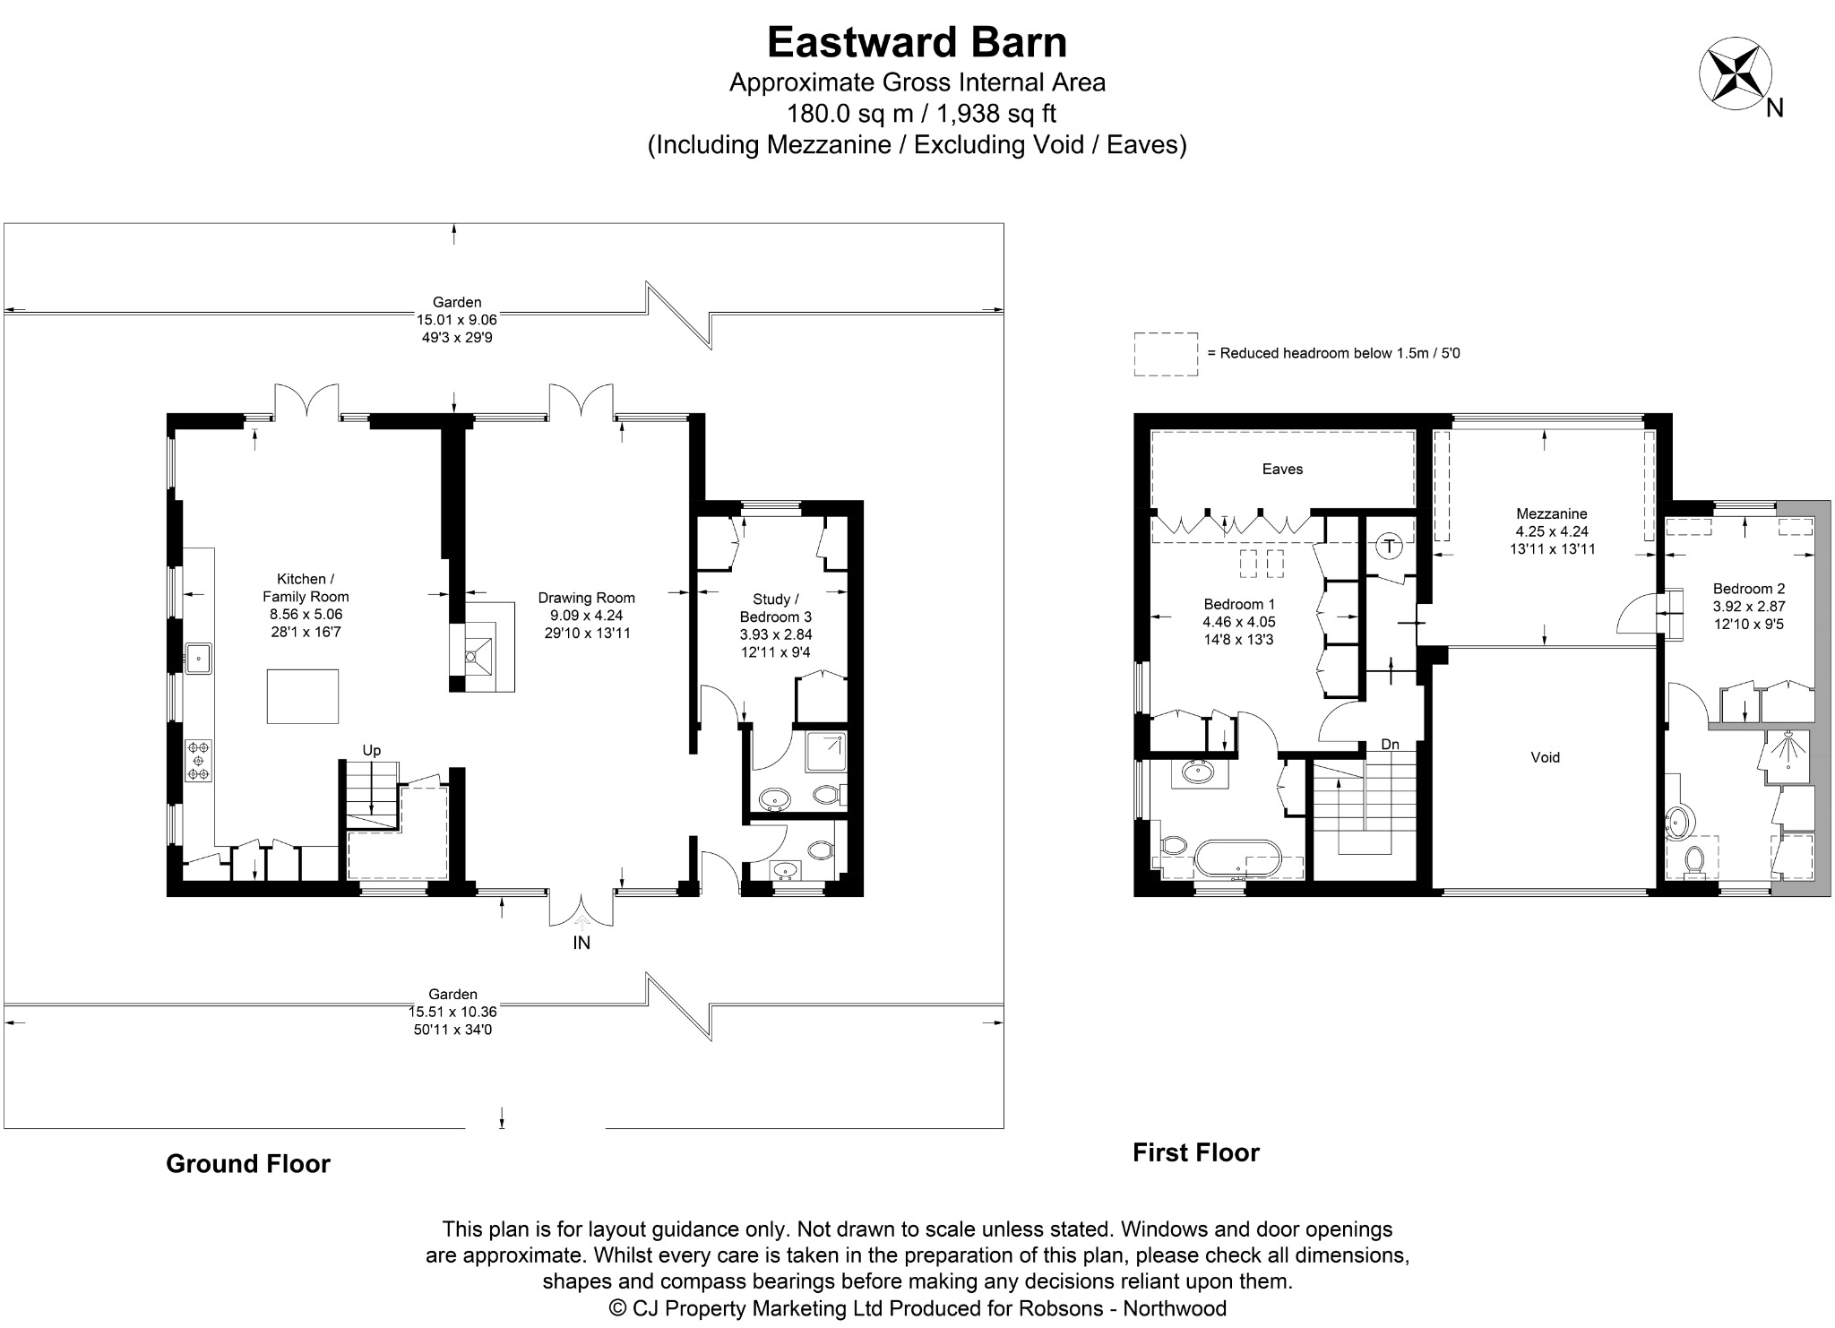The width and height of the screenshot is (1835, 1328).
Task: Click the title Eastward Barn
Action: pyautogui.click(x=917, y=42)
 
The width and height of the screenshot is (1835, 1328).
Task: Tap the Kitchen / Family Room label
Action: pyautogui.click(x=306, y=588)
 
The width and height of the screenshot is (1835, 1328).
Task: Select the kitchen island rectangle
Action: pyautogui.click(x=303, y=696)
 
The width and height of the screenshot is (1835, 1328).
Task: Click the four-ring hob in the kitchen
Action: pyautogui.click(x=198, y=761)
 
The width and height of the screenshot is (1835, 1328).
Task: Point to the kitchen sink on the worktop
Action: pyautogui.click(x=197, y=657)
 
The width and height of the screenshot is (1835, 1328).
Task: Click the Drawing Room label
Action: pyautogui.click(x=586, y=598)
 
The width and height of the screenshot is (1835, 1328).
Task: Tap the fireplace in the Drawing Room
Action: pyautogui.click(x=482, y=646)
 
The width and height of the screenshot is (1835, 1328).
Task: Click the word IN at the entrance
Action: pyautogui.click(x=582, y=943)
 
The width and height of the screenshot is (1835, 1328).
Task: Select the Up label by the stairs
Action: pyautogui.click(x=371, y=751)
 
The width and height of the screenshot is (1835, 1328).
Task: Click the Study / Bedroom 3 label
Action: pyautogui.click(x=775, y=608)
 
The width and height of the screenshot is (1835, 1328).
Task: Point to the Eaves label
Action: pyautogui.click(x=1282, y=469)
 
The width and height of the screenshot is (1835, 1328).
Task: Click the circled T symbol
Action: pyautogui.click(x=1389, y=546)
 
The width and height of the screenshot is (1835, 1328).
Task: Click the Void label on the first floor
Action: pyautogui.click(x=1545, y=757)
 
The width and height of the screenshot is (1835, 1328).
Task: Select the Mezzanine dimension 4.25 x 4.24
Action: pyautogui.click(x=1551, y=531)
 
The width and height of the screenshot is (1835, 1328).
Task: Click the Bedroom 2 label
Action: pyautogui.click(x=1749, y=589)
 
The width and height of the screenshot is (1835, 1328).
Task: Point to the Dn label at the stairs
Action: pyautogui.click(x=1390, y=745)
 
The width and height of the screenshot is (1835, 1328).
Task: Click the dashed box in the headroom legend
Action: pyautogui.click(x=1166, y=354)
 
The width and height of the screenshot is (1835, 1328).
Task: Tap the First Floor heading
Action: pyautogui.click(x=1196, y=1152)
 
